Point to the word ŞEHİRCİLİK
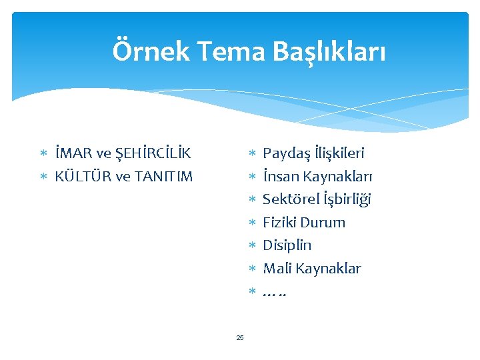[x=153, y=154]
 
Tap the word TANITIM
[x=163, y=177]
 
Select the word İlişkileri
[x=340, y=154]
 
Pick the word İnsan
[x=281, y=177]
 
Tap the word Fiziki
[x=279, y=223]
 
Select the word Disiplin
[x=287, y=245]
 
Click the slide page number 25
[x=240, y=337]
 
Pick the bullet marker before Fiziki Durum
[x=252, y=223]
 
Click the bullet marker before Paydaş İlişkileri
[x=252, y=154]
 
